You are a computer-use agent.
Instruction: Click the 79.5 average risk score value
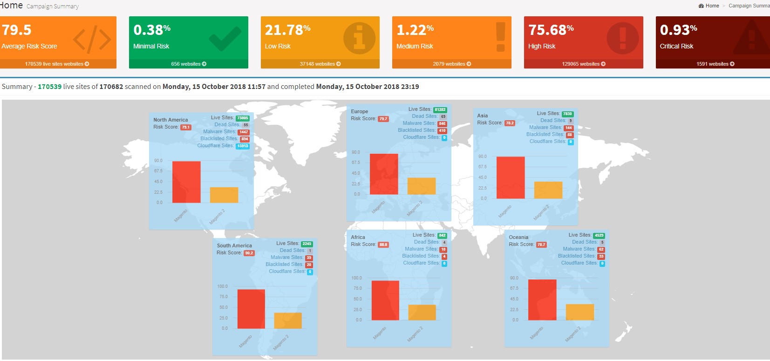17,30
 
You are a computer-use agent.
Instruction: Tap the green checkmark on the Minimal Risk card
225,38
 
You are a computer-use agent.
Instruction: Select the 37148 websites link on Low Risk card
320,64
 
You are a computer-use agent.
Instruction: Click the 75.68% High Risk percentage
551,30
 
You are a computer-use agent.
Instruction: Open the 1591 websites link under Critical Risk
715,64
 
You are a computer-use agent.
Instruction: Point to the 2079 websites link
451,64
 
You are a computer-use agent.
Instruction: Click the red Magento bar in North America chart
186,182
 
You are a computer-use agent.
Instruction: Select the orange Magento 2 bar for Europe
421,186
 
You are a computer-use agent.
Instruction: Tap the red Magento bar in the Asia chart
511,177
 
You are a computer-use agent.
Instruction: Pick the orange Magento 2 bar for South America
287,320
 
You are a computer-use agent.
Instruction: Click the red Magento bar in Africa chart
385,300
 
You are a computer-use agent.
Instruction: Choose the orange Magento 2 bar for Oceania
579,312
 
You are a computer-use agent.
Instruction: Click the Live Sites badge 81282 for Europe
440,110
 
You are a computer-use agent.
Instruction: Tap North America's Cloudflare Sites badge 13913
243,146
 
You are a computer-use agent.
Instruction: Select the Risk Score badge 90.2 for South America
249,253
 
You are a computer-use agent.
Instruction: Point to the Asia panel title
482,116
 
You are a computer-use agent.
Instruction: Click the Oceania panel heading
518,237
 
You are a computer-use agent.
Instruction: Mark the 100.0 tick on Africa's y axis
356,278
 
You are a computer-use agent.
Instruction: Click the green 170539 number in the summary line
49,87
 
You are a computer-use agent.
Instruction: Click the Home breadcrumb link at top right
712,6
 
